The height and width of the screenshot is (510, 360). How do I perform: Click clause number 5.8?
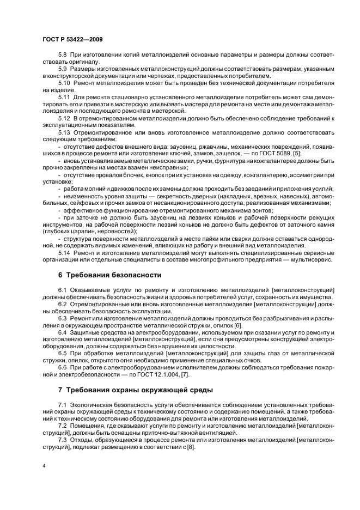[x=63, y=55]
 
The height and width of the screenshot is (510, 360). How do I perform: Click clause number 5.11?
[x=65, y=95]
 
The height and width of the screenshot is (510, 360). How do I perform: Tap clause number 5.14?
[x=65, y=253]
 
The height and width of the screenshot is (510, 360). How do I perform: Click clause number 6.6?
[x=63, y=368]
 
